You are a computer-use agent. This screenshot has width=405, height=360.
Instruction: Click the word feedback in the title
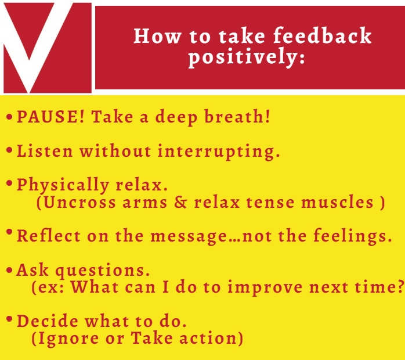point(323,35)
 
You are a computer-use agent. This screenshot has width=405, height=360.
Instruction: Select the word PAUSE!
point(50,116)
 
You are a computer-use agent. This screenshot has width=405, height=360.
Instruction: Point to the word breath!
point(237,116)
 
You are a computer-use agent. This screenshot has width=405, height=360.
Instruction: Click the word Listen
point(45,150)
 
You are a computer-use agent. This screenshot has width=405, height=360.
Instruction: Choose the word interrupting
point(219,152)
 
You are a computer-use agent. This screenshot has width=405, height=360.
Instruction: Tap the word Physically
point(63,185)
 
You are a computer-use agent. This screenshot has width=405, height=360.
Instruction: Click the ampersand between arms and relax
point(180,202)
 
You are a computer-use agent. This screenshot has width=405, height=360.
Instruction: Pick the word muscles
point(337,202)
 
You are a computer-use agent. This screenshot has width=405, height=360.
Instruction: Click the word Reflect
point(49,236)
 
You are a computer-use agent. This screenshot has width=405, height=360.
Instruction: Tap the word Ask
point(32,270)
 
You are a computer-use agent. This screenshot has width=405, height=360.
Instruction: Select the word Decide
point(48,321)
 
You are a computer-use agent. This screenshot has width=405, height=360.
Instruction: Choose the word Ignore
point(68,339)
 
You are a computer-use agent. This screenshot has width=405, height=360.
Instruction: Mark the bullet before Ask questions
point(9,271)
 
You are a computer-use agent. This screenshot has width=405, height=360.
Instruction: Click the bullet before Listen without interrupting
point(9,150)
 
